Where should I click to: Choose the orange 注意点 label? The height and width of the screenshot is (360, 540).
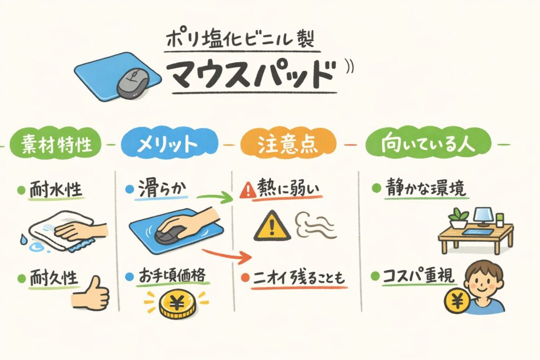(287, 144)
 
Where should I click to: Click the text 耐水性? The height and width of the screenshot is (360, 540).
(56, 189)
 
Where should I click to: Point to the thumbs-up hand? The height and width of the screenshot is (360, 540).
(92, 292)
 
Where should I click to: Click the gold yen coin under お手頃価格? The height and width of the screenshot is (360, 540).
(177, 304)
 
